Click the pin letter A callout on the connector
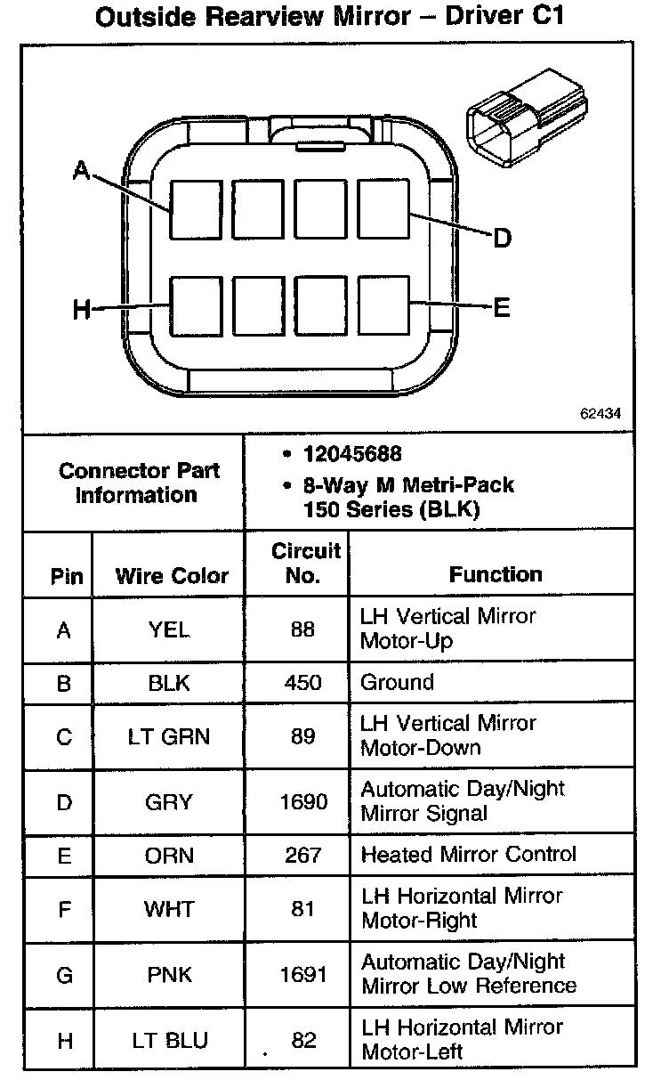(x=82, y=169)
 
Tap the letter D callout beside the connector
(x=502, y=239)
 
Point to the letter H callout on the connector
(x=82, y=310)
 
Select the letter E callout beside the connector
(x=502, y=308)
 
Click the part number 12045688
(x=352, y=454)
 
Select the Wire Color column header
(x=172, y=575)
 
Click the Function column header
(x=496, y=574)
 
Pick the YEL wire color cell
(x=168, y=629)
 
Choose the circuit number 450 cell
(x=302, y=683)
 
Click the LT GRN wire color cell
(x=168, y=737)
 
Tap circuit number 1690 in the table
(x=302, y=801)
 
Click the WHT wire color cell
(x=168, y=909)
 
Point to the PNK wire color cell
(x=168, y=974)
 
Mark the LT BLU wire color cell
(x=168, y=1040)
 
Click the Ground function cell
(x=397, y=683)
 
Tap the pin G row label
(x=64, y=974)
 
